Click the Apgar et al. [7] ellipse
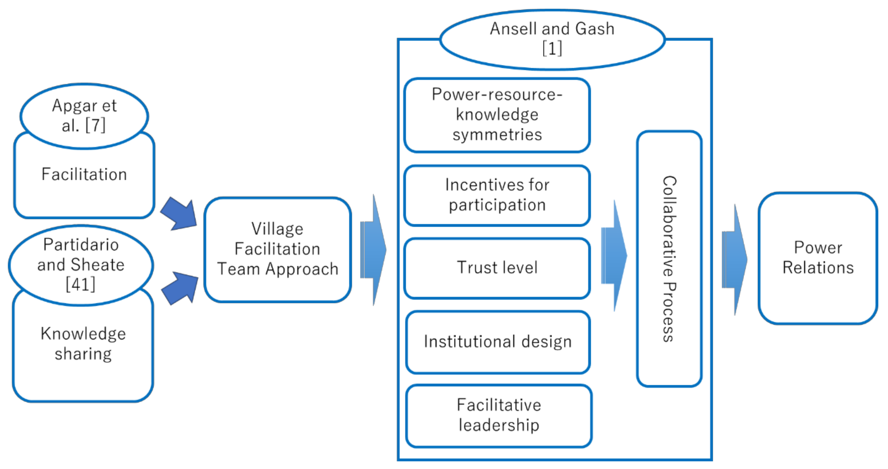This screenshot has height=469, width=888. [x=84, y=116]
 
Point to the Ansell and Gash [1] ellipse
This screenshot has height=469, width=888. [x=552, y=38]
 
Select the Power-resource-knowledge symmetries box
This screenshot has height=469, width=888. [x=497, y=115]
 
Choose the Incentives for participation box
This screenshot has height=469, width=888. [x=497, y=195]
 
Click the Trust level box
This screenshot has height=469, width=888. [x=497, y=268]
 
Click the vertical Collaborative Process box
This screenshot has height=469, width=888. [x=669, y=258]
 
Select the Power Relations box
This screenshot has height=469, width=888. [x=818, y=258]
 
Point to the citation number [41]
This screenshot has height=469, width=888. [x=81, y=285]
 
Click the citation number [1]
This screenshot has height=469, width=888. [x=552, y=48]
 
